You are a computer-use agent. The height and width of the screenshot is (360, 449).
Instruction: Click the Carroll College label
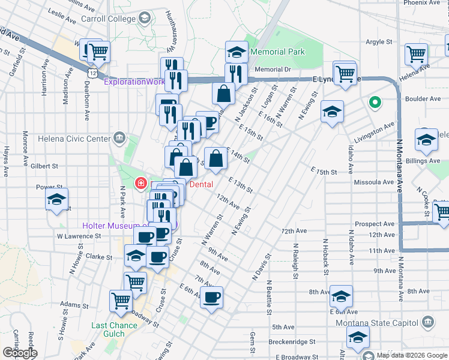tap(107, 19)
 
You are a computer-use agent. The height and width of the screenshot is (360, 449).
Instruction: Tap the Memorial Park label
tap(278, 52)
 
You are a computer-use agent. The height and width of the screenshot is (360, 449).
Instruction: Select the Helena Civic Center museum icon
tap(119, 139)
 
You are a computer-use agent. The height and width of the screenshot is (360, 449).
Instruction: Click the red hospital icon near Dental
tap(140, 182)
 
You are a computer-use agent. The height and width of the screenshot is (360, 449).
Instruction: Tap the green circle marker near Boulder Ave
tap(375, 103)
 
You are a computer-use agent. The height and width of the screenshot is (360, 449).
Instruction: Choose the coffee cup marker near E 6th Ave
tap(211, 296)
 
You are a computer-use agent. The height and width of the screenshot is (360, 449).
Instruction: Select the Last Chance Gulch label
tap(114, 326)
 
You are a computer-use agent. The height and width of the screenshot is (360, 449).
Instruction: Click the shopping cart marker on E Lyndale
tap(345, 74)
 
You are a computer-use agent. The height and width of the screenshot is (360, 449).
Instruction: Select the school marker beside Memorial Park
tap(237, 52)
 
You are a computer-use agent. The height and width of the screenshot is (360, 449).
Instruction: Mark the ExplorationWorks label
tap(134, 82)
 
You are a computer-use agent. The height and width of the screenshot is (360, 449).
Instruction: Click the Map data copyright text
tap(412, 355)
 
